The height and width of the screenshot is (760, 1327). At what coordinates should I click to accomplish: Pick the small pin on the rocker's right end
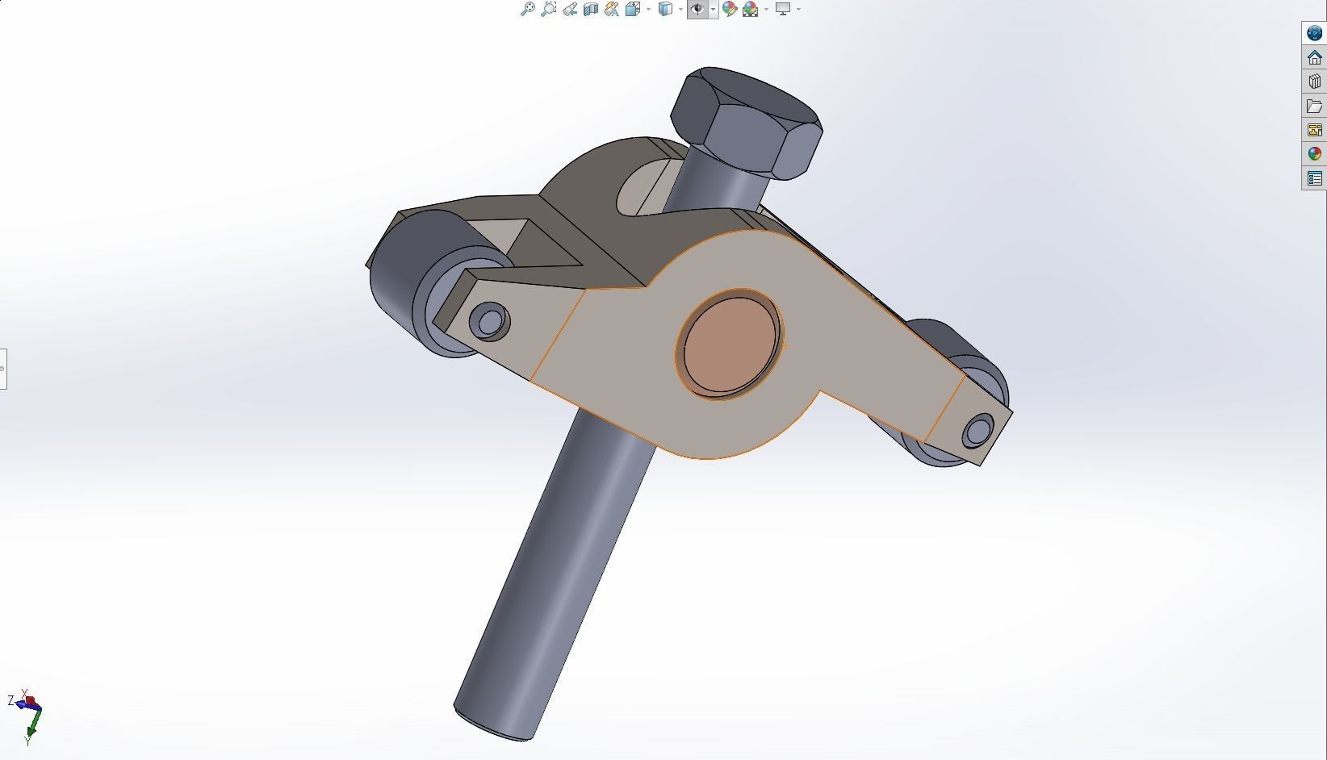(x=977, y=431)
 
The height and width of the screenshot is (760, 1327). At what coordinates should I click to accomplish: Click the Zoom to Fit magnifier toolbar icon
(x=527, y=9)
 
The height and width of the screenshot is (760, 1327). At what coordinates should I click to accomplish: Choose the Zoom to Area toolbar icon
(x=548, y=9)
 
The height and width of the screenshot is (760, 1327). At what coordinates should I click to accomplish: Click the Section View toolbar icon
(x=590, y=9)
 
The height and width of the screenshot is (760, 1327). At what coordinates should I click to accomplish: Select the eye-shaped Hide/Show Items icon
(x=697, y=9)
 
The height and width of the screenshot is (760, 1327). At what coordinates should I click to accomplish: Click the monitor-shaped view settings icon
(x=782, y=9)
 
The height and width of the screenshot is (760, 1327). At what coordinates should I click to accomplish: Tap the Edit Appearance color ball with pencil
(x=729, y=9)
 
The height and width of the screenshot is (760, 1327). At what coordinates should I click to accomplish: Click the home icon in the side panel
(x=1314, y=57)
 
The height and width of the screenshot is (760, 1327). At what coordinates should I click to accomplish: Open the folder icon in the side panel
(x=1314, y=106)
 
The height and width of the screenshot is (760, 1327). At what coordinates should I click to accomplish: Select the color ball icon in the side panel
(x=1314, y=154)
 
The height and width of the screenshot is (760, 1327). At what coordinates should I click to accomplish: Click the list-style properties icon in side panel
(x=1314, y=178)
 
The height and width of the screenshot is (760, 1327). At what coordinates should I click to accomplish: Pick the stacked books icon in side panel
(x=1314, y=81)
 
